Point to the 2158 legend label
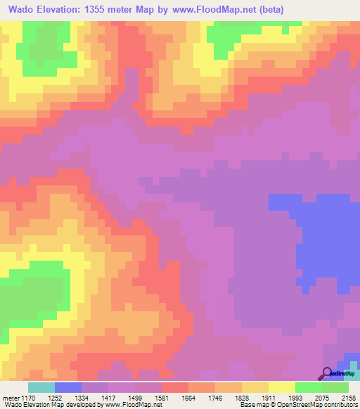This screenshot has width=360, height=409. pyautogui.click(x=349, y=397)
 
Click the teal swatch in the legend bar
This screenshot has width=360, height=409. pyautogui.click(x=41, y=387)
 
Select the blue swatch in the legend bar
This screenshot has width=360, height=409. pyautogui.click(x=68, y=387)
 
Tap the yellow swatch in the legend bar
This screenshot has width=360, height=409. pyautogui.click(x=281, y=387)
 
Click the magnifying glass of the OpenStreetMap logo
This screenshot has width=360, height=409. pyautogui.click(x=327, y=373)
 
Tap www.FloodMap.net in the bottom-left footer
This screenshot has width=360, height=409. pyautogui.click(x=133, y=405)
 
